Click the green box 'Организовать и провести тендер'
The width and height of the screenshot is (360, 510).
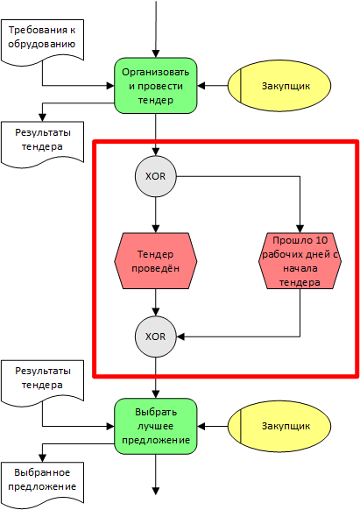tap(156, 86)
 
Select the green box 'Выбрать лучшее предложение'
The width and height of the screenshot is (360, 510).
tap(156, 425)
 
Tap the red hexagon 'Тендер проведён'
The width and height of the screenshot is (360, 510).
tap(156, 261)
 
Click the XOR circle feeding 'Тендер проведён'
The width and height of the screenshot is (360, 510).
tap(156, 176)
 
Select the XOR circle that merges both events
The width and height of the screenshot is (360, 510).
tap(156, 336)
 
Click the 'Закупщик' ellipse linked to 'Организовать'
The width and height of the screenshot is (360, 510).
tap(280, 86)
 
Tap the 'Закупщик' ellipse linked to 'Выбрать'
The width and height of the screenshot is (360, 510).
tap(280, 425)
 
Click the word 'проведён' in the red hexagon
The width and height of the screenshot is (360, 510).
tap(157, 268)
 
